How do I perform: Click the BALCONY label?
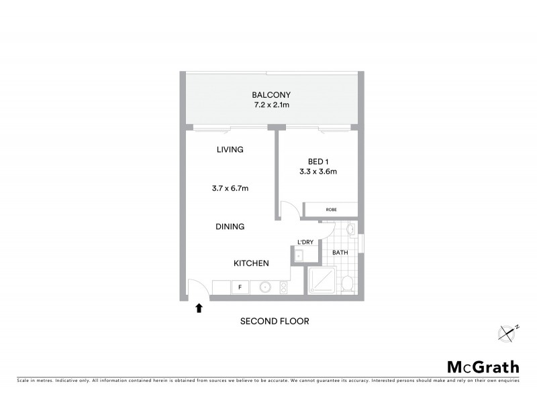271,94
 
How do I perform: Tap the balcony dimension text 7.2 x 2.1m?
271,105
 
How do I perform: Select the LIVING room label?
230,149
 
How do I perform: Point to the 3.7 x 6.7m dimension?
230,188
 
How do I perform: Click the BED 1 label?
318,161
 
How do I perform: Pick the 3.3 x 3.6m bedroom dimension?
318,172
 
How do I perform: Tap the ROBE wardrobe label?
331,210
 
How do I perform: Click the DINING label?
230,226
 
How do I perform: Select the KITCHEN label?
251,263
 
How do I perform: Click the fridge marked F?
240,287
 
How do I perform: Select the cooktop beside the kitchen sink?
283,287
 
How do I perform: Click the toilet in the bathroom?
347,284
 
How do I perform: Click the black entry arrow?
198,308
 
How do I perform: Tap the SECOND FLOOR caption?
275,322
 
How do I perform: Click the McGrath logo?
483,366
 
